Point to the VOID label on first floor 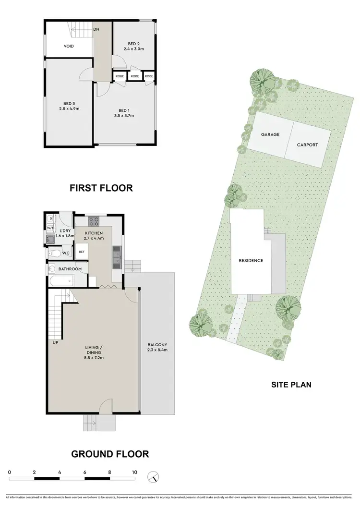click(69, 47)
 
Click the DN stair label click(96, 29)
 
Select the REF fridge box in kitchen click(82, 251)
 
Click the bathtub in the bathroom click(60, 281)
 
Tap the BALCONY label click(157, 348)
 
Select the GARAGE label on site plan click(270, 134)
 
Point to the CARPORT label click(307, 145)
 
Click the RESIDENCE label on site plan click(251, 261)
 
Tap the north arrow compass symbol click(154, 477)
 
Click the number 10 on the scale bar click(134, 473)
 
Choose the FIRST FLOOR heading click(101, 188)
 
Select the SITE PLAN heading click(292, 384)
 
